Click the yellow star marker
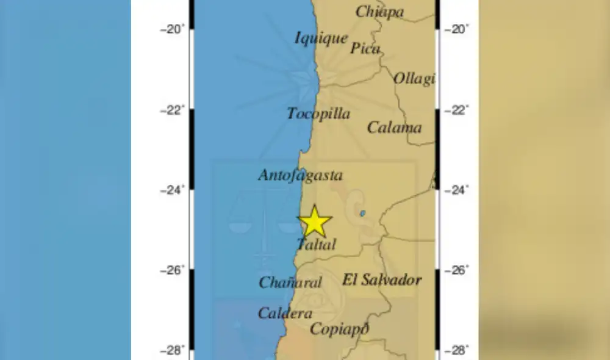(x=315, y=221)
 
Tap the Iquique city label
(x=321, y=38)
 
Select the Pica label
(x=365, y=48)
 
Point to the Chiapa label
(x=379, y=12)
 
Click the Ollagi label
(x=414, y=79)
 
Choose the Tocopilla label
(x=318, y=113)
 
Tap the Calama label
(x=394, y=128)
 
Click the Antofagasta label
(x=300, y=176)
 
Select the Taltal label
(x=316, y=245)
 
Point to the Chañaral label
(x=290, y=283)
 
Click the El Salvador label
(x=382, y=280)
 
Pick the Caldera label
(x=285, y=314)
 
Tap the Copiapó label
(x=340, y=329)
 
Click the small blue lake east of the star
(x=362, y=214)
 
